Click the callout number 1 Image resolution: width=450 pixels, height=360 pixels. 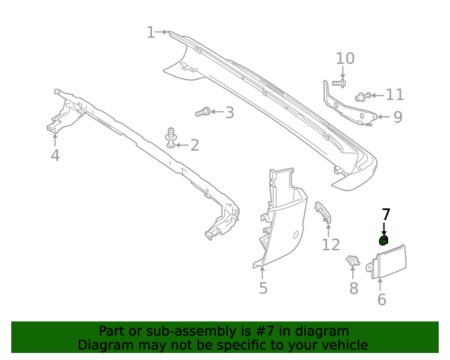coord(150,32)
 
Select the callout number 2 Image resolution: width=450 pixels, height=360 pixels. coord(194,146)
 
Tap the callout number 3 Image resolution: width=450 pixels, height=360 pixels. coord(229,112)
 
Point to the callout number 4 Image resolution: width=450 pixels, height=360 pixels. coord(55,155)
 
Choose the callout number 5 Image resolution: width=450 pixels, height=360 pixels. coord(263,288)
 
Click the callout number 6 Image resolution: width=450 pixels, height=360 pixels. coord(382,300)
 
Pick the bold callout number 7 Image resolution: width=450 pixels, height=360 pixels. coord(385,214)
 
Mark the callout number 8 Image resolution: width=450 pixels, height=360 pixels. coord(354,288)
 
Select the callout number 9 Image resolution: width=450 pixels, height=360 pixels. coord(397,117)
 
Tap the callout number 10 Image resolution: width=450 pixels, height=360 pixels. coord(345,58)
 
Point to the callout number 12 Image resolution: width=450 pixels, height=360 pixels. coord(330,245)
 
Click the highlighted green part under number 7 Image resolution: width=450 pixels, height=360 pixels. coord(384,240)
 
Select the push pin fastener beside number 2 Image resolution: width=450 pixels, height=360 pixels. coord(171,137)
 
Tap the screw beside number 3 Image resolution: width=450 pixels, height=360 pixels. coord(202,111)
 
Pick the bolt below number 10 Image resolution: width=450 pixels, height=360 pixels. coord(337,84)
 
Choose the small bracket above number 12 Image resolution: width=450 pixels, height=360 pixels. coord(323,211)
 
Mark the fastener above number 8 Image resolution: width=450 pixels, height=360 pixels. coord(352,262)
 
